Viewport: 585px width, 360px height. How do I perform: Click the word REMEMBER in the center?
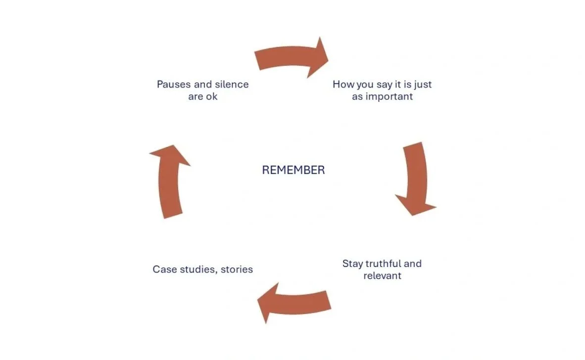293,170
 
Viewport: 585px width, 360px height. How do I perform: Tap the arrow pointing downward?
415,178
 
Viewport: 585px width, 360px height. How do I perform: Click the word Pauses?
174,85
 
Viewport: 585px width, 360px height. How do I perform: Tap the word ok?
211,97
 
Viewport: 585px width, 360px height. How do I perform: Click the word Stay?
352,264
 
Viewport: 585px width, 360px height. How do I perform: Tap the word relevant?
382,276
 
